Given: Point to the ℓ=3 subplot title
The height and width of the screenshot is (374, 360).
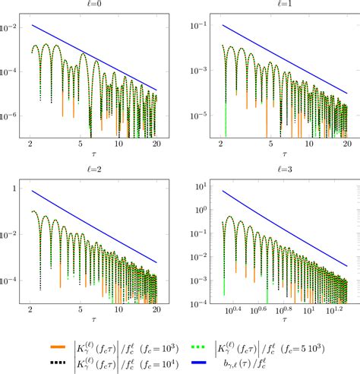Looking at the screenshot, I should tap(272, 168).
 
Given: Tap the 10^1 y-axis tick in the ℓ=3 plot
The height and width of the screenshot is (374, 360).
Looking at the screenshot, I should tap(191, 186).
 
